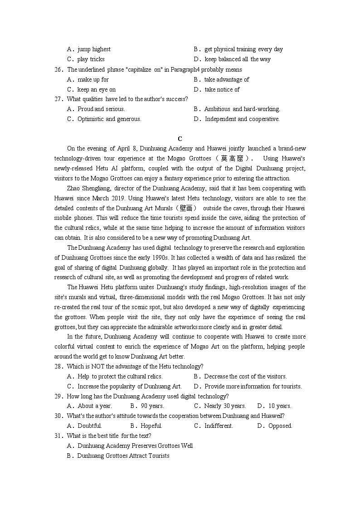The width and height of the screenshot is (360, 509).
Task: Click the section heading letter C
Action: pyautogui.click(x=180, y=139)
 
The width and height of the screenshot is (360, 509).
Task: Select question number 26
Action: pyautogui.click(x=58, y=69)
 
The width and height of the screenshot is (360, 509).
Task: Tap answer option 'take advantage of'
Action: pyautogui.click(x=227, y=79)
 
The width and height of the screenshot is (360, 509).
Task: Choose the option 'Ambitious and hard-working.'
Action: pyautogui.click(x=242, y=109)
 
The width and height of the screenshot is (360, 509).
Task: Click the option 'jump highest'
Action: pyautogui.click(x=94, y=49)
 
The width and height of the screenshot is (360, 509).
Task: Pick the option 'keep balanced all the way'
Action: pyautogui.click(x=238, y=59)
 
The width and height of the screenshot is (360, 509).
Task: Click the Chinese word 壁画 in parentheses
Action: pyautogui.click(x=185, y=208)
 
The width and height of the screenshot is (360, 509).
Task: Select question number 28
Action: pyautogui.click(x=58, y=366)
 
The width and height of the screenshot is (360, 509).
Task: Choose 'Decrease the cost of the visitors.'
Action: pyautogui.click(x=245, y=376)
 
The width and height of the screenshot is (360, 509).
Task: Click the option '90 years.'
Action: pyautogui.click(x=152, y=406)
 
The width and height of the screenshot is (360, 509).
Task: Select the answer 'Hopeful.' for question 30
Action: pyautogui.click(x=151, y=426)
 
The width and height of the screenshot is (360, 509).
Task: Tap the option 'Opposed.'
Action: pyautogui.click(x=280, y=426)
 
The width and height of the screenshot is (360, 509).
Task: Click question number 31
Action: pyautogui.click(x=58, y=436)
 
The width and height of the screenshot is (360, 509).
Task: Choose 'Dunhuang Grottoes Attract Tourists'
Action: pyautogui.click(x=123, y=456)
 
